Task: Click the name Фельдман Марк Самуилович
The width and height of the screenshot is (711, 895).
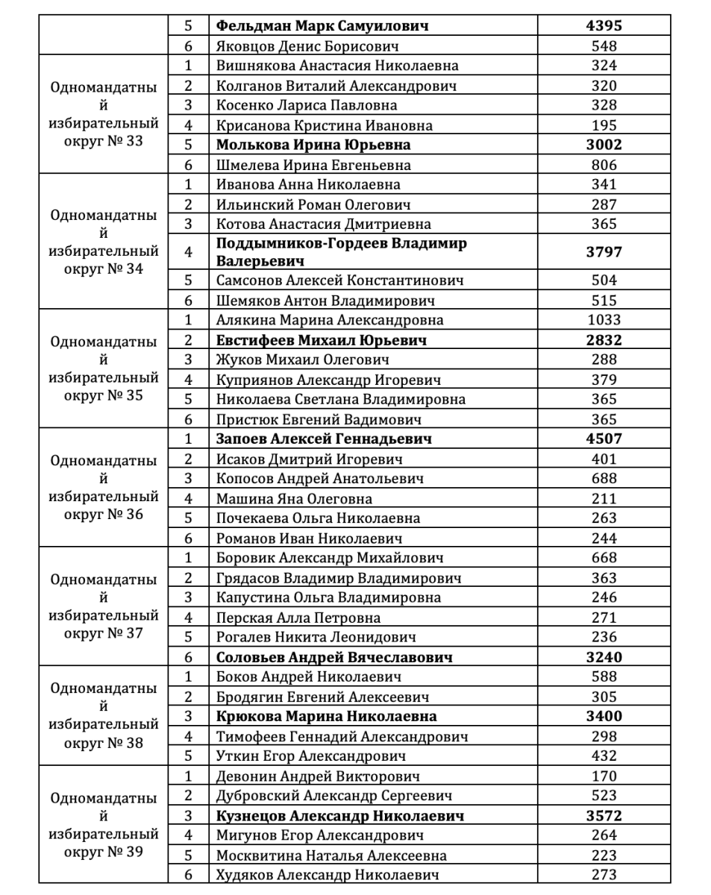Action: tap(322, 26)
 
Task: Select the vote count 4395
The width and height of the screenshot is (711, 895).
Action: tap(604, 26)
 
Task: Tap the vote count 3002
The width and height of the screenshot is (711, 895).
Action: tap(604, 145)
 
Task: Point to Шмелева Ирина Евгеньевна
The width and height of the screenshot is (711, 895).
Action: tap(313, 165)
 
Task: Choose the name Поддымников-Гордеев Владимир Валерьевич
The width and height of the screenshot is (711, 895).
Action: tap(342, 252)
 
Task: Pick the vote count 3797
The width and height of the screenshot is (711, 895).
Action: tap(604, 252)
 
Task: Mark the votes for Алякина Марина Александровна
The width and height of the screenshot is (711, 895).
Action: tap(604, 320)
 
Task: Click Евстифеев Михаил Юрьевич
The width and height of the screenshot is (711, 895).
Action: tap(322, 340)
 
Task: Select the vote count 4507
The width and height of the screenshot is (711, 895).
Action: tap(604, 439)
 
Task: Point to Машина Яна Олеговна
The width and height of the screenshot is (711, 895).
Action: tap(294, 498)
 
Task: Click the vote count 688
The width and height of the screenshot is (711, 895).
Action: tap(604, 478)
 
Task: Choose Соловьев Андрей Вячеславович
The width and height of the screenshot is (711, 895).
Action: tap(334, 657)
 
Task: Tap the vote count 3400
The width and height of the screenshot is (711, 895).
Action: tap(604, 717)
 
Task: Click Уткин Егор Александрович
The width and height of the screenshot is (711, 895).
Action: tap(310, 756)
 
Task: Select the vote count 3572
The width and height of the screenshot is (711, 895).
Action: tap(604, 815)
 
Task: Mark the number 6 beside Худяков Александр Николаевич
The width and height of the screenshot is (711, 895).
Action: tap(189, 875)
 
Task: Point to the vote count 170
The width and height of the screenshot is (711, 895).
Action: tap(604, 776)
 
